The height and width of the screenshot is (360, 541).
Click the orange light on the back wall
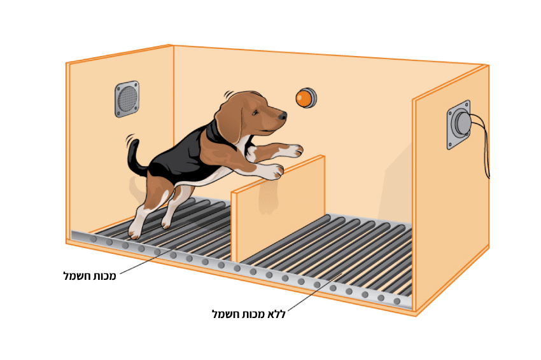tap(306, 98)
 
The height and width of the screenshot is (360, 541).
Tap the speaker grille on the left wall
tap(127, 99)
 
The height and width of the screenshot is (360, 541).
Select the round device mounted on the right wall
tap(460, 125)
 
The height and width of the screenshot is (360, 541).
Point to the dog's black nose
tap(283, 116)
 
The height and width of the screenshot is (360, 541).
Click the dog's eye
tap(256, 112)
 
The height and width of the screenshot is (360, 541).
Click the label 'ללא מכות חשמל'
tap(249, 314)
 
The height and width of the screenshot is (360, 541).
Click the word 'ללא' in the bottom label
tap(277, 314)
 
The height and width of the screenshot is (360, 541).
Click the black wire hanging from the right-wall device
tap(482, 145)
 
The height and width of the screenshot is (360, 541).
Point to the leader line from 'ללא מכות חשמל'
tap(314, 293)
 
